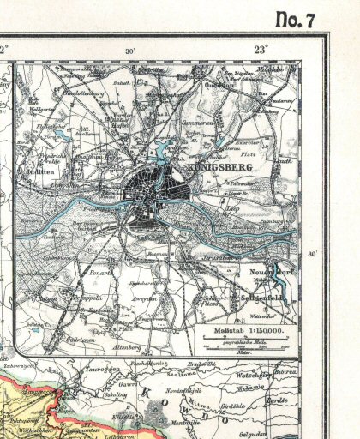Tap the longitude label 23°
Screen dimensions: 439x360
(260, 49)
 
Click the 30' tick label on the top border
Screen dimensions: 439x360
(129, 51)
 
